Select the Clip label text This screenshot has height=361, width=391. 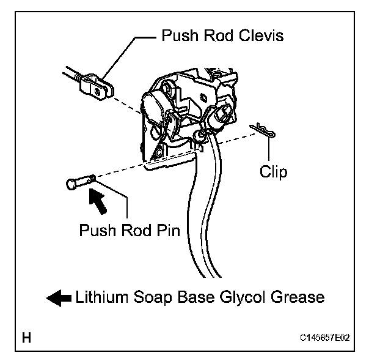tap(272, 172)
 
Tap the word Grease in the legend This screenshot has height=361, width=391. tap(296, 298)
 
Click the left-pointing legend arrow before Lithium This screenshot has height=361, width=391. tap(59, 298)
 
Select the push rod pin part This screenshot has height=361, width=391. tap(79, 182)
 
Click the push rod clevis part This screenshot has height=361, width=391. tap(98, 85)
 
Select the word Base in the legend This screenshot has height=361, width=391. tap(189, 298)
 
